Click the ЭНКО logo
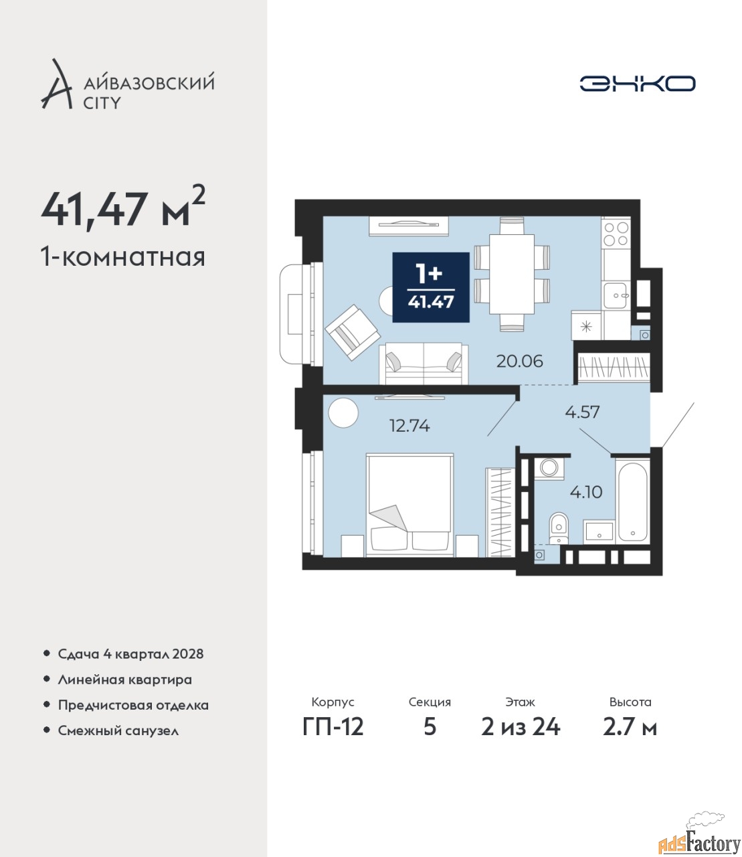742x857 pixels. click(x=637, y=83)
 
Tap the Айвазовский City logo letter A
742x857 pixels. click(x=57, y=84)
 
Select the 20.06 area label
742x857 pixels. click(x=519, y=361)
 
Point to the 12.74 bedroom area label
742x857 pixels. click(x=409, y=425)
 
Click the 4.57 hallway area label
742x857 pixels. click(x=583, y=412)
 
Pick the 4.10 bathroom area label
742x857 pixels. click(x=586, y=492)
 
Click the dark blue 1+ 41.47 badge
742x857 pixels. click(x=431, y=287)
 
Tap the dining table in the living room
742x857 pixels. click(x=512, y=274)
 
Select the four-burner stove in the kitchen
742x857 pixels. click(x=616, y=234)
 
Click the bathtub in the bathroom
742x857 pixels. click(x=633, y=501)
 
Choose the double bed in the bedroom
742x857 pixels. click(x=409, y=505)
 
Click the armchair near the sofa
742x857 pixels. click(x=353, y=332)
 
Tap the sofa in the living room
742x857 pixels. click(x=424, y=363)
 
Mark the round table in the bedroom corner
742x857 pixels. click(x=343, y=412)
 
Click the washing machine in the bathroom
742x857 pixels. click(x=549, y=469)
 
